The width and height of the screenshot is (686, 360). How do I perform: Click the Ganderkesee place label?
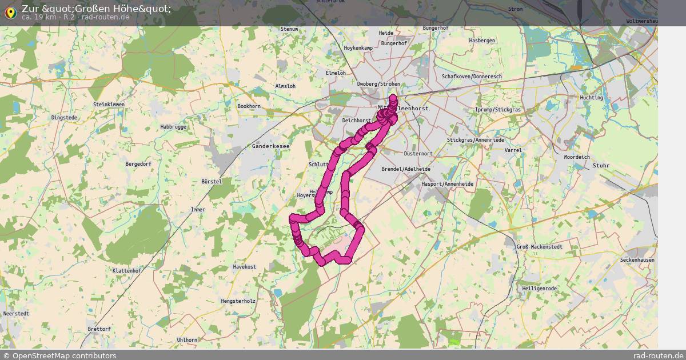pyautogui.click(x=270, y=146)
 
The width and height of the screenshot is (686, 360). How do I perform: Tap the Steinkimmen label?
pyautogui.click(x=109, y=105)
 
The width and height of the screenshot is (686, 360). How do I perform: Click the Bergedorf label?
pyautogui.click(x=138, y=164)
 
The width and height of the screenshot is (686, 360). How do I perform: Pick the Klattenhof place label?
pyautogui.click(x=126, y=270)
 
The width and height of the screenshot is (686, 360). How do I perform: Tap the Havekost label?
pyautogui.click(x=244, y=267)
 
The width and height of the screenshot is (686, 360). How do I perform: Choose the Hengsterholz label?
pyautogui.click(x=237, y=301)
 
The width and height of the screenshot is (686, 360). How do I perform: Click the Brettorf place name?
pyautogui.click(x=99, y=329)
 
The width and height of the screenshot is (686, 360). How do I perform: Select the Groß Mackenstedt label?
pyautogui.click(x=539, y=247)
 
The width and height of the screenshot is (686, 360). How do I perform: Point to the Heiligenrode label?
pyautogui.click(x=539, y=289)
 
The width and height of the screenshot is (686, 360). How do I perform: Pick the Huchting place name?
pyautogui.click(x=591, y=98)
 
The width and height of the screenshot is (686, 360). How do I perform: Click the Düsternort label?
pyautogui.click(x=418, y=154)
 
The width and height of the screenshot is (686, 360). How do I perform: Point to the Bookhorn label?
pyautogui.click(x=249, y=106)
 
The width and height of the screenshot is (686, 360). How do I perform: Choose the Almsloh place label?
pyautogui.click(x=285, y=86)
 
